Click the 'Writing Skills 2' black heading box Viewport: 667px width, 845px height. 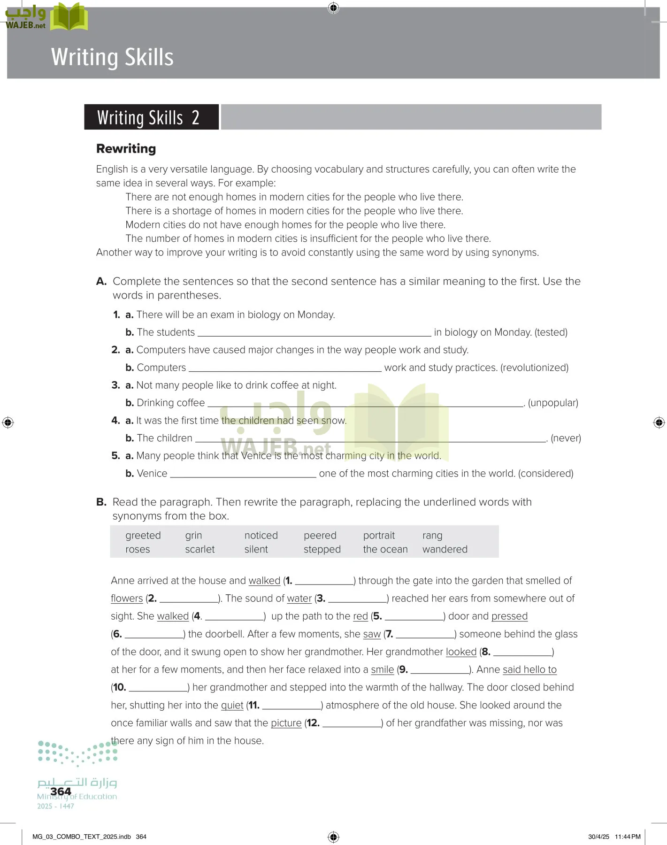tap(151, 117)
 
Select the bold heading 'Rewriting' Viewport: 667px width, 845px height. tap(126, 149)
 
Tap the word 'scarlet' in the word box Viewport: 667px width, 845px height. tap(199, 549)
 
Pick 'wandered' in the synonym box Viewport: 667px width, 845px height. tap(445, 549)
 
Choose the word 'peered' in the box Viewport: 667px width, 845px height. tap(320, 536)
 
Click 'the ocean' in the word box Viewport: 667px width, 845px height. tap(385, 549)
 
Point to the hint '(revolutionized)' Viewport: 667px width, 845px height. tap(534, 368)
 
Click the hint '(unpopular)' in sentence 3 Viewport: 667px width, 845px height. tap(553, 403)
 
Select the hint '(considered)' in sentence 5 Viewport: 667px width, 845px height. tap(545, 473)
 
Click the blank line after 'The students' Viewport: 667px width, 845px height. tap(314, 333)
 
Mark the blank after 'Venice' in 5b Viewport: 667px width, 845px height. tap(243, 474)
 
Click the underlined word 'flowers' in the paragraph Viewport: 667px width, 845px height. tap(127, 599)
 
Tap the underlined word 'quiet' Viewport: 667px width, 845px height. tap(232, 705)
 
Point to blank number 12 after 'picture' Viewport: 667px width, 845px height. tap(352, 724)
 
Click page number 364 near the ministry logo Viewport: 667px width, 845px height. tap(61, 791)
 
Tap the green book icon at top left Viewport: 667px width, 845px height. tap(69, 17)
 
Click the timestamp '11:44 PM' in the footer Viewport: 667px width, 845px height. tap(627, 837)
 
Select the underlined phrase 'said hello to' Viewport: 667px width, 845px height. tap(529, 670)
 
